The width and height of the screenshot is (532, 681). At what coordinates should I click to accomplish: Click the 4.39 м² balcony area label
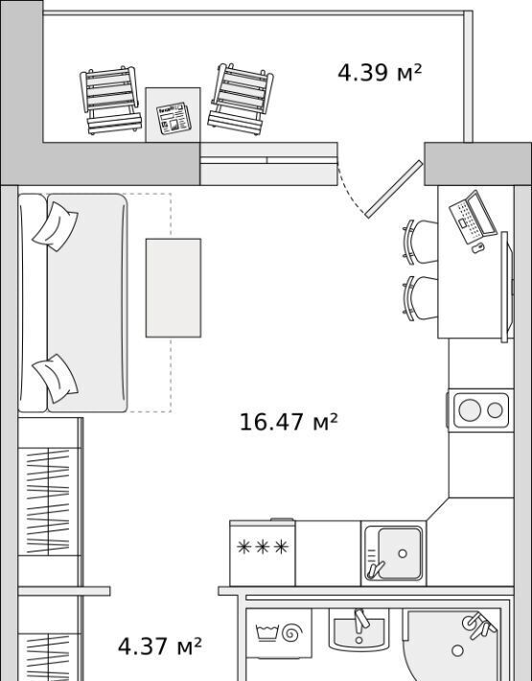(x=380, y=73)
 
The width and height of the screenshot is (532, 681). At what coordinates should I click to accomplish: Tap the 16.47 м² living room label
(x=289, y=422)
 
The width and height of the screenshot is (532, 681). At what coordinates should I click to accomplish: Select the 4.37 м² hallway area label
(x=160, y=646)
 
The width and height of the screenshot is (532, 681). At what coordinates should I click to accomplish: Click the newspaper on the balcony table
(x=173, y=118)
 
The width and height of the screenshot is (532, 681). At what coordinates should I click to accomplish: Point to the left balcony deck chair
(x=111, y=101)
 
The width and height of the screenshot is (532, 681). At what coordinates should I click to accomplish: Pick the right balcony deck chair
(x=241, y=99)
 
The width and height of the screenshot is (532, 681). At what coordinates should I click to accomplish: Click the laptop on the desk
(x=473, y=216)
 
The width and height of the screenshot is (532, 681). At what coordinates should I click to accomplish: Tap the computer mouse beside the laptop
(x=478, y=248)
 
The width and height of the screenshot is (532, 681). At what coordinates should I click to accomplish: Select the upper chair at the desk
(x=420, y=242)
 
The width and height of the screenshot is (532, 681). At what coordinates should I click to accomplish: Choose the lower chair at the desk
(x=420, y=299)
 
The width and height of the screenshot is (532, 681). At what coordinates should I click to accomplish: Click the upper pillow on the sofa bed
(x=55, y=226)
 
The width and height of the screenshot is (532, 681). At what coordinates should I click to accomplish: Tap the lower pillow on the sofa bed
(x=55, y=378)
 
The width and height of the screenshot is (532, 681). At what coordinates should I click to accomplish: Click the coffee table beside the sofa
(x=173, y=288)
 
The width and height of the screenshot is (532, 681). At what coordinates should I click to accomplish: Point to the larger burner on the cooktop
(x=470, y=410)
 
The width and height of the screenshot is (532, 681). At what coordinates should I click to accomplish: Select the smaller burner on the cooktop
(x=495, y=410)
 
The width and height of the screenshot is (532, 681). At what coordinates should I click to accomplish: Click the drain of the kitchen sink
(x=403, y=553)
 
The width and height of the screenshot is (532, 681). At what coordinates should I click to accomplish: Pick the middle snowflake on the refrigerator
(x=262, y=548)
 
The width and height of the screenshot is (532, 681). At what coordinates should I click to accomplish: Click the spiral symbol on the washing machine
(x=292, y=633)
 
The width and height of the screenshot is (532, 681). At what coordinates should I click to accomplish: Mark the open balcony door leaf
(x=394, y=189)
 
